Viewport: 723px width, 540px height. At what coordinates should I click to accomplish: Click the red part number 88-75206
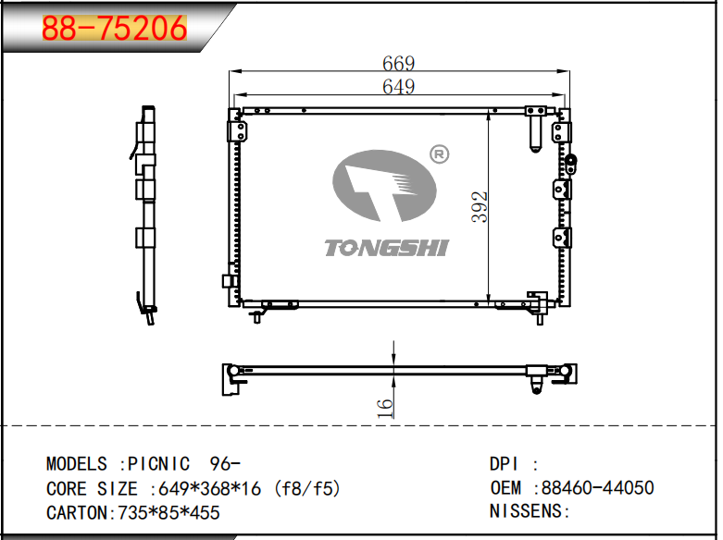[115, 28]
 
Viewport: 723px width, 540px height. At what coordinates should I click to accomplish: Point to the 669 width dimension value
[398, 63]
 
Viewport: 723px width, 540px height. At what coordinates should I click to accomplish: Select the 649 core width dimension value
[398, 86]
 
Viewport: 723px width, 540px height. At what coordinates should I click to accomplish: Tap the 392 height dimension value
[480, 207]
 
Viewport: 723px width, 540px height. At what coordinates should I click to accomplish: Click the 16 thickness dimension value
[385, 408]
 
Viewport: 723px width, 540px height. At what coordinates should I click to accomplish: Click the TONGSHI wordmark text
[386, 248]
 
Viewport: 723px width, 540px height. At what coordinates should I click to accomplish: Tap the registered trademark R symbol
[439, 154]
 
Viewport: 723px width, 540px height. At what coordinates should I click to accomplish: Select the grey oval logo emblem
[384, 186]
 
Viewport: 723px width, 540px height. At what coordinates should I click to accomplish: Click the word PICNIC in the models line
[158, 463]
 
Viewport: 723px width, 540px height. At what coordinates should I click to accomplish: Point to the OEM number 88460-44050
[598, 487]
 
